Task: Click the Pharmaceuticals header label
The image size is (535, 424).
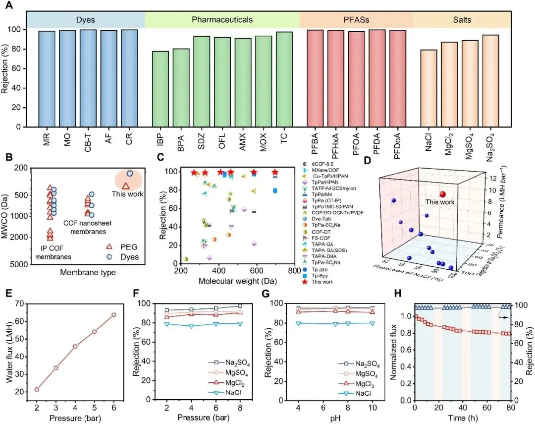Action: click(222, 20)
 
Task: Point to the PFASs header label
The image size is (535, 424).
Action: click(356, 20)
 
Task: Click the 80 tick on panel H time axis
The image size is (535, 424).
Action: click(510, 408)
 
